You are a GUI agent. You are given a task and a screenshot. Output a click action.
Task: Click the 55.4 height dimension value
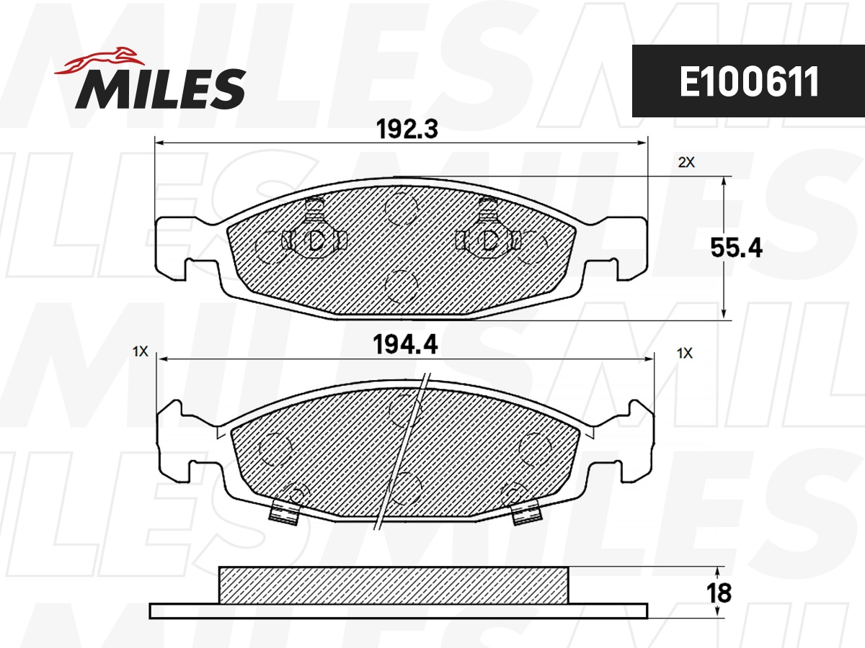click(736, 248)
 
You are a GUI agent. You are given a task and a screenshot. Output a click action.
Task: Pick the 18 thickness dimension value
click(719, 593)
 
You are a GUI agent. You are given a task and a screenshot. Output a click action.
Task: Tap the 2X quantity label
click(686, 163)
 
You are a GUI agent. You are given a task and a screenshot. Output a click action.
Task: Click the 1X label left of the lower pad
click(140, 352)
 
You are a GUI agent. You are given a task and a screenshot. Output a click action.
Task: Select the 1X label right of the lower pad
click(685, 353)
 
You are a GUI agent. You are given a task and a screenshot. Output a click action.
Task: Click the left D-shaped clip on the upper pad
click(315, 240)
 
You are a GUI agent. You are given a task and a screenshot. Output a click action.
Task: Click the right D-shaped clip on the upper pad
click(489, 240)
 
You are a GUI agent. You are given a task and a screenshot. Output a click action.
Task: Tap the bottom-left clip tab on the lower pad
click(284, 512)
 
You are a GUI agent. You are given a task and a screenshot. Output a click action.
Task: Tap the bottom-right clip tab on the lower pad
click(525, 513)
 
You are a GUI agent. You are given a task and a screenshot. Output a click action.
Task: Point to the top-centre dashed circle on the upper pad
click(402, 209)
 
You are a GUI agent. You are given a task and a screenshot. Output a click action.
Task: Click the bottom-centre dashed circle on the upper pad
click(402, 287)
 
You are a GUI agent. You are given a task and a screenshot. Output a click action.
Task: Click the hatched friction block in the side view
click(394, 584)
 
